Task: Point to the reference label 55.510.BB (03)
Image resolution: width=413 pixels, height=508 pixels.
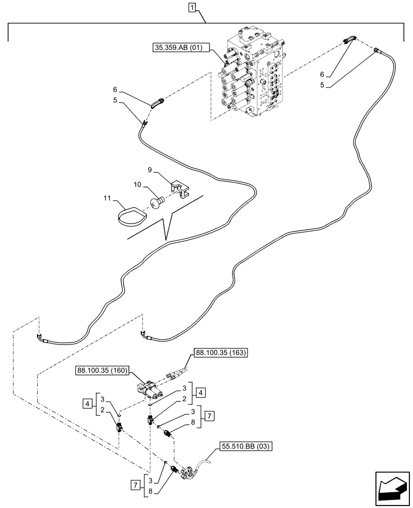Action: (x=247, y=447)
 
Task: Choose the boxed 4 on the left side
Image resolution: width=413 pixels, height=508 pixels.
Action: (x=88, y=404)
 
